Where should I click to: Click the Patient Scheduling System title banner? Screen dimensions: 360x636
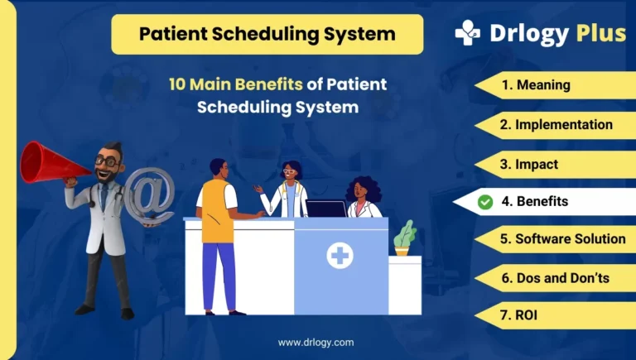(267, 35)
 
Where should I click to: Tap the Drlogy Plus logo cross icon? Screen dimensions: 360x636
(468, 33)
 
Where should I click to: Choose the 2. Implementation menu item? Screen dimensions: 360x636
(556, 125)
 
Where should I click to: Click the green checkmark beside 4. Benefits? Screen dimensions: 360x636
(485, 201)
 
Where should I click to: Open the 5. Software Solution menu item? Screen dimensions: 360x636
(562, 238)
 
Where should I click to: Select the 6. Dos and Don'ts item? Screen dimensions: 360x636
(555, 278)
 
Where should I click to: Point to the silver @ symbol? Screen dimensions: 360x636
(149, 195)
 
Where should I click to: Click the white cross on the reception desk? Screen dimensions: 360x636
(340, 257)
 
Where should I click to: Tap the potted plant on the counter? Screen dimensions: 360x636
(404, 238)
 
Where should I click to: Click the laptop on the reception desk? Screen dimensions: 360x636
(325, 209)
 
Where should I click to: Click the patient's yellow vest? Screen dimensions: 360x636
(217, 211)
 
